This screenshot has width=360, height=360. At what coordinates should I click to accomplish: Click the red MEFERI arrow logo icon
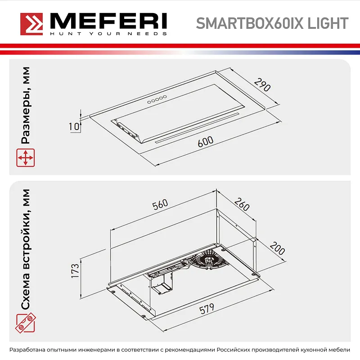[31, 22]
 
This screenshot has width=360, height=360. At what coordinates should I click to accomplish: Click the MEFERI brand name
[108, 20]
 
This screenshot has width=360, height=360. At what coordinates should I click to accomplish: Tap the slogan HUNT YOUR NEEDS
[108, 33]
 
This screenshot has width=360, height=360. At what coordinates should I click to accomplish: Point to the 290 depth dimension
[262, 85]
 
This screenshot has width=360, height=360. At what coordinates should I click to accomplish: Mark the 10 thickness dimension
[73, 126]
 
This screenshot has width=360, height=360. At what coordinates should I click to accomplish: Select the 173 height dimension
[75, 271]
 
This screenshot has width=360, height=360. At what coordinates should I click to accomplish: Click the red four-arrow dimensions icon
[26, 158]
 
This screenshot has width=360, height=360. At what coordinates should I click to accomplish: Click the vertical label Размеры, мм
[26, 106]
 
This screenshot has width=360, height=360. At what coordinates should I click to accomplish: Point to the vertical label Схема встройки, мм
[26, 249]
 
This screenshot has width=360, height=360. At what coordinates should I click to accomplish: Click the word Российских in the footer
[236, 350]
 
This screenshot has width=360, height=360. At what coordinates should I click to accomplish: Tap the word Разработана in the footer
[30, 350]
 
